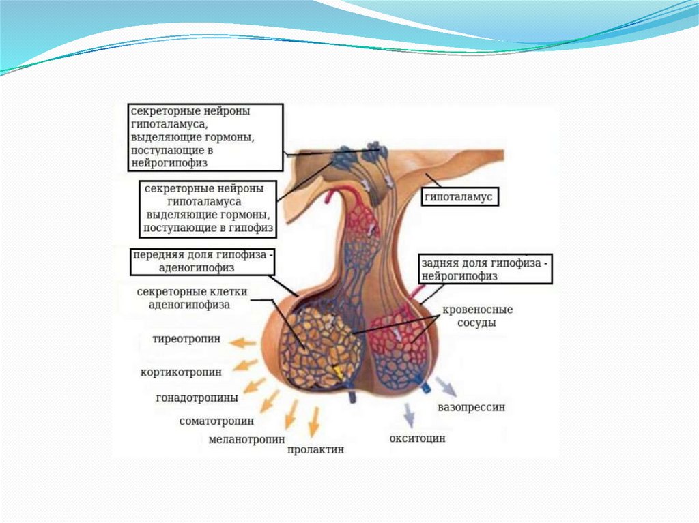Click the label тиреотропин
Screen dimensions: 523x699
186,339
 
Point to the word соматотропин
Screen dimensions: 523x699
216,421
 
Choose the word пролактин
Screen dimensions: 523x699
316,450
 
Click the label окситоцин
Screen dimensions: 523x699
417,438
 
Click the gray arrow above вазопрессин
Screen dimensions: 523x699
447,387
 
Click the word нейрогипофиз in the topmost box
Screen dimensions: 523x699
168,164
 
